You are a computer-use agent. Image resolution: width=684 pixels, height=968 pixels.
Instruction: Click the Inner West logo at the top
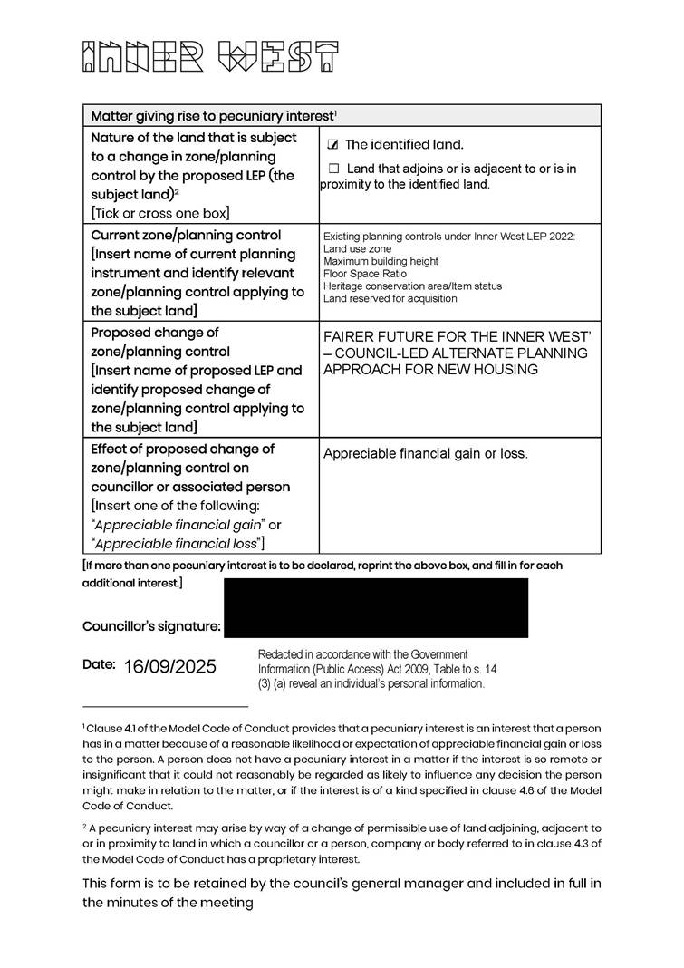(x=210, y=56)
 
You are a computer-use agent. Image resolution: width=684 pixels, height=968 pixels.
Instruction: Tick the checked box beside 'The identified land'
(x=332, y=145)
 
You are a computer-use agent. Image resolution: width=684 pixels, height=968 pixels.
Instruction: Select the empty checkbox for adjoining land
(x=333, y=169)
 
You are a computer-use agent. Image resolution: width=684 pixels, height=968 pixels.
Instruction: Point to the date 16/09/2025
(x=170, y=667)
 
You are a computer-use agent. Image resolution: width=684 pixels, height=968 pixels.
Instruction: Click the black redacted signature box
(x=375, y=607)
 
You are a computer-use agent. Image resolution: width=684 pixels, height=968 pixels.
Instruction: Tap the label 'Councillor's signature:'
(x=151, y=626)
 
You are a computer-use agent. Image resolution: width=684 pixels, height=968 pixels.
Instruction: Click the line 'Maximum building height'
(x=381, y=261)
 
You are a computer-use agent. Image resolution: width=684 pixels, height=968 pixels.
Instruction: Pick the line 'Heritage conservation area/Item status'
(x=412, y=286)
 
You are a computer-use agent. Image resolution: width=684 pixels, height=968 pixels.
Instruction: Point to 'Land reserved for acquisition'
(x=390, y=298)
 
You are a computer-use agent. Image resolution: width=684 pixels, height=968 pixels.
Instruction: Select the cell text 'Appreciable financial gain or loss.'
(x=425, y=454)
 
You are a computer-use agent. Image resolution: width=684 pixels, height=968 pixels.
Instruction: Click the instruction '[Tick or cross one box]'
(x=160, y=213)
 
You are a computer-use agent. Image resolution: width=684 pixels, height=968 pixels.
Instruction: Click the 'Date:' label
(x=99, y=664)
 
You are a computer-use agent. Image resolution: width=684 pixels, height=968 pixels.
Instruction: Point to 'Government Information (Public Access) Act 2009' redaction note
(x=376, y=668)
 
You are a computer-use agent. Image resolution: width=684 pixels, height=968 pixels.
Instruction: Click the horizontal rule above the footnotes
(x=165, y=706)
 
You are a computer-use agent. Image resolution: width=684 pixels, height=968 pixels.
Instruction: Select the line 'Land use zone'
(x=357, y=249)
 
